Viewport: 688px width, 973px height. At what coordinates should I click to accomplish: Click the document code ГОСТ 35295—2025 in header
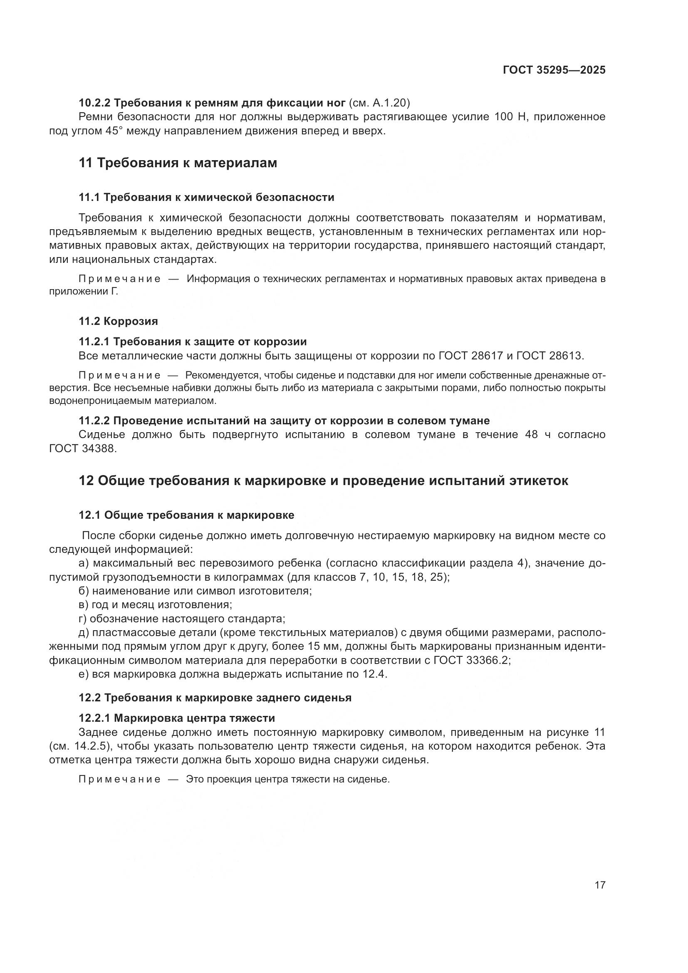[554, 70]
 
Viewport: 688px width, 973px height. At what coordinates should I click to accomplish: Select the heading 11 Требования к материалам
[178, 163]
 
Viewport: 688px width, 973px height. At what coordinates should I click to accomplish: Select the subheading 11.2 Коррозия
[118, 321]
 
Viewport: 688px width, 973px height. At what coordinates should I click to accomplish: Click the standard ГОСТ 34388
[82, 448]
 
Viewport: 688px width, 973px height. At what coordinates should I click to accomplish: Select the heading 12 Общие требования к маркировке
[324, 480]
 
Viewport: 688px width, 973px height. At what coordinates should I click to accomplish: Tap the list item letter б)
[84, 591]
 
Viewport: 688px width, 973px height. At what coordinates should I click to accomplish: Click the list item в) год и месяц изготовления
[156, 605]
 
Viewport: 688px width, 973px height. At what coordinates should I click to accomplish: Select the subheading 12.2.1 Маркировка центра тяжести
[177, 718]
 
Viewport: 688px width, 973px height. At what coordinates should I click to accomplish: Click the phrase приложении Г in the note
[83, 292]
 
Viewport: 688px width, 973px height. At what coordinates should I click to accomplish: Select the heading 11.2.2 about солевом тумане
[284, 421]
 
